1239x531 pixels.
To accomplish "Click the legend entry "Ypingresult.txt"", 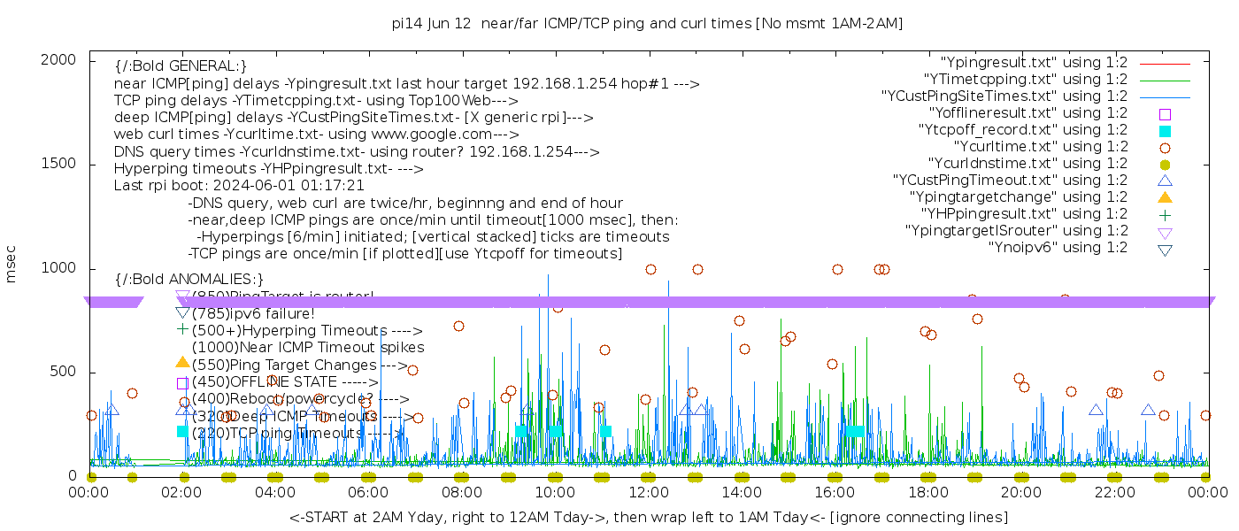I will tap(1034, 63).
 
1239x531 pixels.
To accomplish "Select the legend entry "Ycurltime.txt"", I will tap(1041, 147).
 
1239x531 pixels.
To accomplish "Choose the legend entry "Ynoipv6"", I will tap(1058, 248).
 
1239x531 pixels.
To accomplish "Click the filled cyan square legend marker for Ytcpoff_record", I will tap(1165, 131).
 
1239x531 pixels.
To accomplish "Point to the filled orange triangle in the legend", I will tap(1165, 197).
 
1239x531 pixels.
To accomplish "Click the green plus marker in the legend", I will tap(1165, 214).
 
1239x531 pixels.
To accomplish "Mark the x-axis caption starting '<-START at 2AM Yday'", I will tap(648, 517).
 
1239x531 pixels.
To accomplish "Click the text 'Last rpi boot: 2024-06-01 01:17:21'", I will tap(239, 186).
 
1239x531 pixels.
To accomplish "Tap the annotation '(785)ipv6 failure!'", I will tap(253, 313).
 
